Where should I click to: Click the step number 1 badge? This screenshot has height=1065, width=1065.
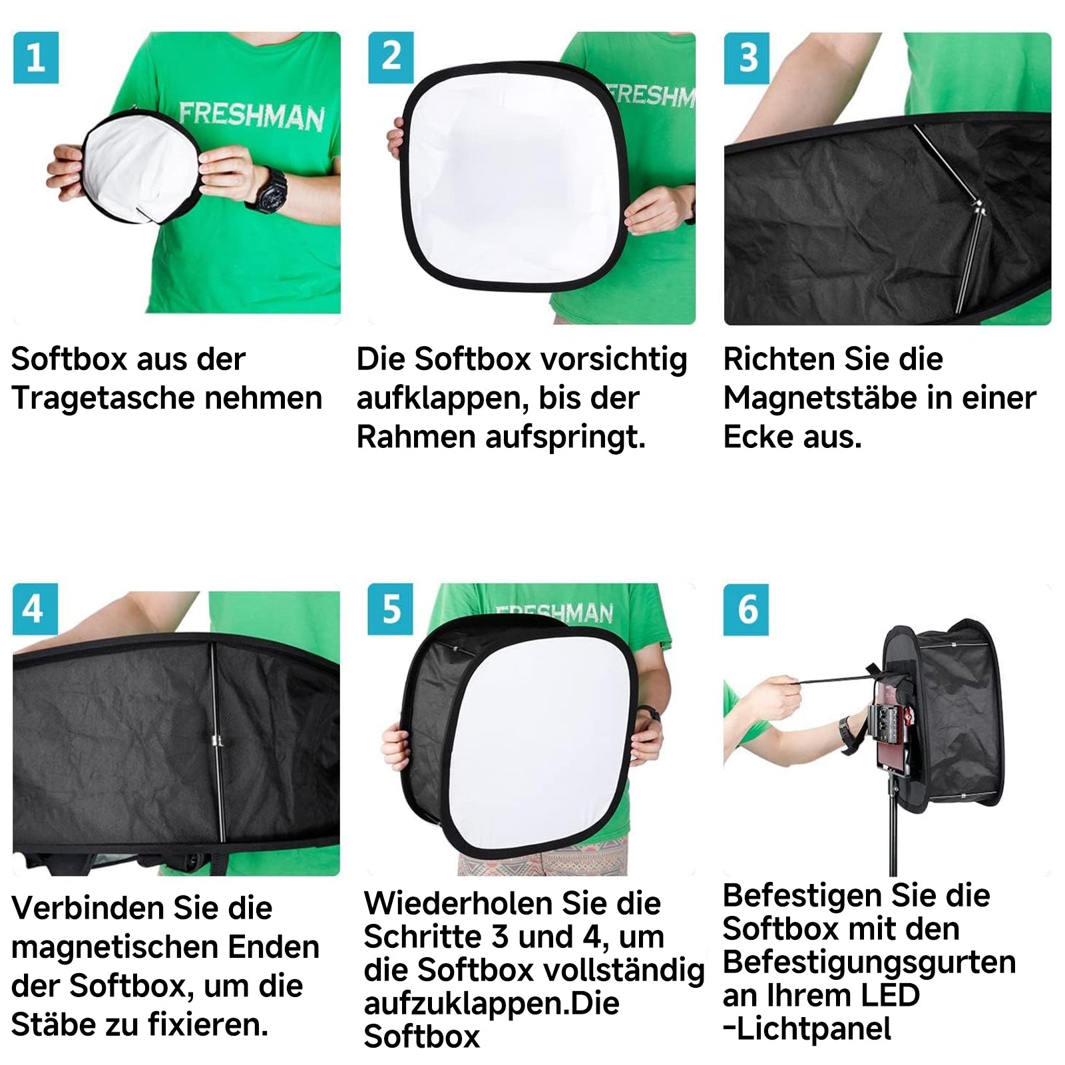tap(36, 58)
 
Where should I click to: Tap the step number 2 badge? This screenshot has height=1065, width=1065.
tap(391, 58)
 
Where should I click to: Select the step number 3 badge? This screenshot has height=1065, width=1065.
tap(747, 58)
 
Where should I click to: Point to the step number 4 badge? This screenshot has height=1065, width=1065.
tap(35, 609)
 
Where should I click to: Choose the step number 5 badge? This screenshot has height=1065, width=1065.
tap(391, 609)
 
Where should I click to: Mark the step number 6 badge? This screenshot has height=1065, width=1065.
tap(746, 609)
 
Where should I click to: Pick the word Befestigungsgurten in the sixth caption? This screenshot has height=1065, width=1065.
tap(869, 962)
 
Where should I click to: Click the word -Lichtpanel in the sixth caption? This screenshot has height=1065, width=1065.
tap(807, 1028)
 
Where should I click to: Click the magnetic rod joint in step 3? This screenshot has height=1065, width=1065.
tap(978, 206)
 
